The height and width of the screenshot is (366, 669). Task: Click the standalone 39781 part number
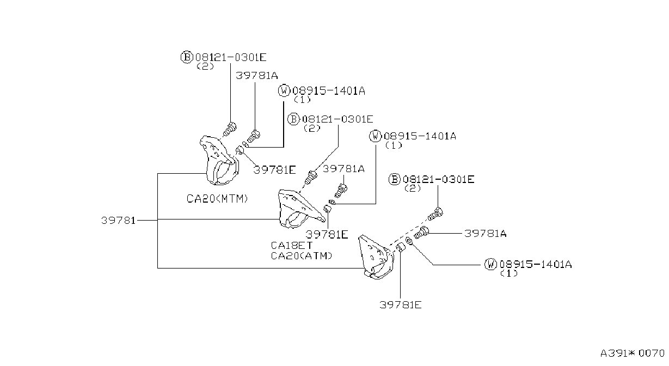click(x=118, y=221)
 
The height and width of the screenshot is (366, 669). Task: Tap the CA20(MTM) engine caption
click(x=217, y=198)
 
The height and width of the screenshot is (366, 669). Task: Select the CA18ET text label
click(x=291, y=245)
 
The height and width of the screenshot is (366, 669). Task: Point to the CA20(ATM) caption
click(x=302, y=256)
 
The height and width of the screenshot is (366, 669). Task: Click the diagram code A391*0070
click(x=633, y=353)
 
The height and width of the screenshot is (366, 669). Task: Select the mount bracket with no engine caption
click(x=376, y=257)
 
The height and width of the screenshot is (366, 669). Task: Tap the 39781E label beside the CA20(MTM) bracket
click(x=274, y=170)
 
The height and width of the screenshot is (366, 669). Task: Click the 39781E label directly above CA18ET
click(x=327, y=235)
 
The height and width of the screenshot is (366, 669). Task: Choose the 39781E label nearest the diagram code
click(x=401, y=305)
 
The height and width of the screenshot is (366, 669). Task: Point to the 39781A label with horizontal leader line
click(x=486, y=233)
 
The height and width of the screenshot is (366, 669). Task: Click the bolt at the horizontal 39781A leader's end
click(x=421, y=233)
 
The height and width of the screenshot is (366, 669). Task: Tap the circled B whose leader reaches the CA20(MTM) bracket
click(x=186, y=57)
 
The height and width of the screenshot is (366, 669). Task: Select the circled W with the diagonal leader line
click(x=490, y=264)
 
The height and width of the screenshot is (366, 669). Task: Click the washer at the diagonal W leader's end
click(x=409, y=241)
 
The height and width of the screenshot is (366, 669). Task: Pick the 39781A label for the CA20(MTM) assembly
click(x=257, y=76)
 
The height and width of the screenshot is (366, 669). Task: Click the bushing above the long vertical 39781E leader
click(x=400, y=248)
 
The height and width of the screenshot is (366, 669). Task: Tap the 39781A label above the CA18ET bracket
click(x=343, y=169)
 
